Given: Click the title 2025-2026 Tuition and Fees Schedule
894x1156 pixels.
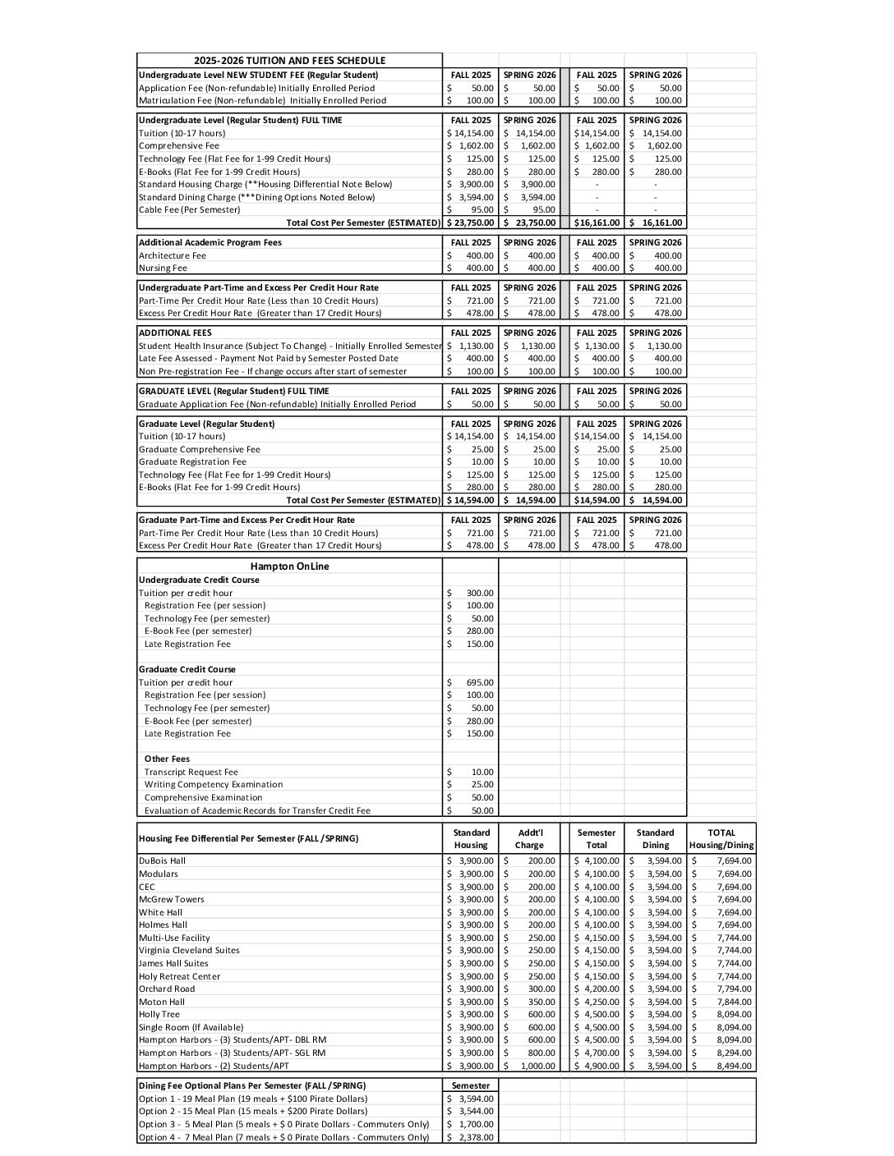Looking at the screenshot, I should tap(289, 61).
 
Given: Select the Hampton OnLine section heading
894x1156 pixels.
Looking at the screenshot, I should tap(289, 567).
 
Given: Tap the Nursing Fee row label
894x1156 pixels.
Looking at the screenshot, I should tap(163, 268).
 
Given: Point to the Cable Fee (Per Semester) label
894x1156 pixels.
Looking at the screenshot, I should tap(189, 209).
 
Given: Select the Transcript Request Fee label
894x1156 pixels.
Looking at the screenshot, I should tap(191, 772).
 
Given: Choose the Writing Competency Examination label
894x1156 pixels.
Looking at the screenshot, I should tap(213, 784).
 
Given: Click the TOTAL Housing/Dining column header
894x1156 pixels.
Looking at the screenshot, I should tap(721, 838).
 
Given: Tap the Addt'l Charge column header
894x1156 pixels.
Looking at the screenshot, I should tap(529, 838).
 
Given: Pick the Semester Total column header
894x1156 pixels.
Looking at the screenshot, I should tap(597, 838).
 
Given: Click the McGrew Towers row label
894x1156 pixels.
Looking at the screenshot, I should tap(172, 899).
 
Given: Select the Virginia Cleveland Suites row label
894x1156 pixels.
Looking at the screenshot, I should tap(189, 950).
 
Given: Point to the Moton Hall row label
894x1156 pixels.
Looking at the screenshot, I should tap(162, 1002).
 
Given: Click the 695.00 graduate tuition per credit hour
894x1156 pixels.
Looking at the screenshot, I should tap(479, 682).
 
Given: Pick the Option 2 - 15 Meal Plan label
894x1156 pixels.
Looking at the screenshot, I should tap(253, 1112).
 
